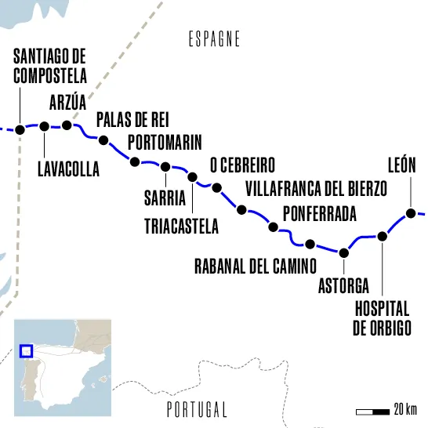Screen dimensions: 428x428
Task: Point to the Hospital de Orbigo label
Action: (x=382, y=318)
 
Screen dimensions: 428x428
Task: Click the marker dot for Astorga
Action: (x=343, y=252)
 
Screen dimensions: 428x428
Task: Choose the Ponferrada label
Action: (x=319, y=213)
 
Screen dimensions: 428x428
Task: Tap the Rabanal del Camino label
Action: (x=255, y=265)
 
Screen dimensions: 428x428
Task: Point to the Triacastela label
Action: (x=182, y=227)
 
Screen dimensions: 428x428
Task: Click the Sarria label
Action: (x=165, y=196)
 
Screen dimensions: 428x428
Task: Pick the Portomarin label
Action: (x=164, y=142)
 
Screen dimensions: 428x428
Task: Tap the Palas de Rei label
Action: (x=132, y=119)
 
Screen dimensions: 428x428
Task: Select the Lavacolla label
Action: (x=68, y=169)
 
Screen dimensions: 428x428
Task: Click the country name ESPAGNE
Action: (x=214, y=39)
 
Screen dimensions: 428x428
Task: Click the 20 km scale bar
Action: (x=373, y=411)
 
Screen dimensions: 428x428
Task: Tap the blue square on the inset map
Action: (x=26, y=352)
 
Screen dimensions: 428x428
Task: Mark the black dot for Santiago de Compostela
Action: (x=20, y=129)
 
